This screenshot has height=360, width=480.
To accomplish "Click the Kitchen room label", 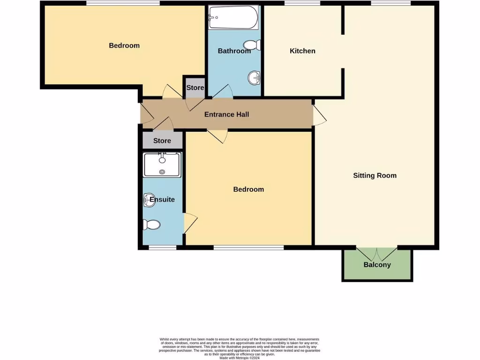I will pos(302,51).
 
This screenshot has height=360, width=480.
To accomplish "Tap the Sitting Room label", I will pos(375,175).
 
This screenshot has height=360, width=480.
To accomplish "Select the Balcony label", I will pos(377,265).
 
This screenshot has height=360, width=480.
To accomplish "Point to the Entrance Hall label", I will pos(226,114).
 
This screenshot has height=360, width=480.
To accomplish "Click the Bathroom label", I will pos(234,51).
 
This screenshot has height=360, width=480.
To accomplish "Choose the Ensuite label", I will pos(162,199).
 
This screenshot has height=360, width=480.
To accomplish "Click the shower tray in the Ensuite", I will pos(162,165).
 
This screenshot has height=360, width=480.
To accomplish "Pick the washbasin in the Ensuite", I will pos(147,200).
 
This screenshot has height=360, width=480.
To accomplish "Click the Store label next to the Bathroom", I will pos(195,88).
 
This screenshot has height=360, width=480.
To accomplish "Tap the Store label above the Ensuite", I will pos(162,141).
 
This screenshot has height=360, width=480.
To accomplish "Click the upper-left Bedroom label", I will pos(124,45).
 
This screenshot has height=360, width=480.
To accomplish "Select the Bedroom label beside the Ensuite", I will pos(248,189).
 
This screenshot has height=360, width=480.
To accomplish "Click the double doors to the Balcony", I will pos(377,254).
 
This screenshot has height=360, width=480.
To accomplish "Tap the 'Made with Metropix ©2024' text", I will pos(239,358).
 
